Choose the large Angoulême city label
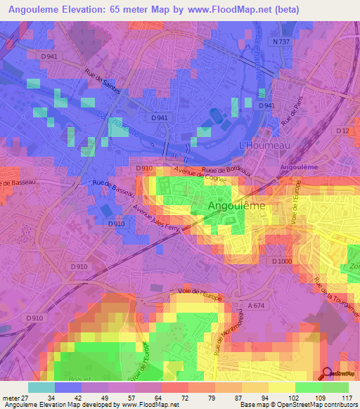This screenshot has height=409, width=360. pos(237,206)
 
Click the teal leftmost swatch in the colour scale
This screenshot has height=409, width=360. pos(41,387)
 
